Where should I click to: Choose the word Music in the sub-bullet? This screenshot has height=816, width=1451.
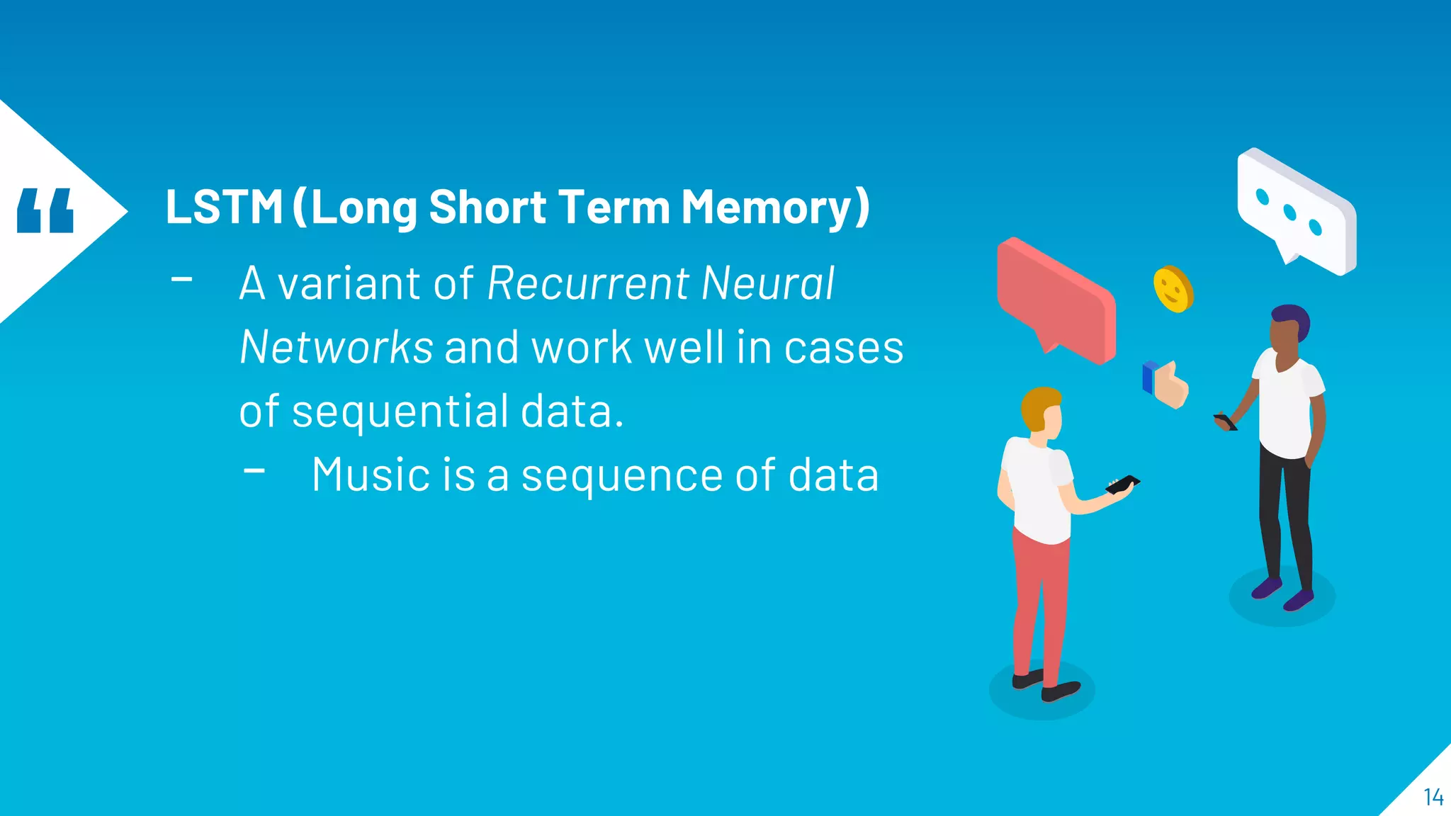tap(371, 475)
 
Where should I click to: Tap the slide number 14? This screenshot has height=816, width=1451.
tap(1433, 798)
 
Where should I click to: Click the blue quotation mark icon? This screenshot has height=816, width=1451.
tap(45, 210)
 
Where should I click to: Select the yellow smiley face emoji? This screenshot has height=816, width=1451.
tap(1173, 289)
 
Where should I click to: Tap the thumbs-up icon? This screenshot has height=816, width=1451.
tap(1167, 385)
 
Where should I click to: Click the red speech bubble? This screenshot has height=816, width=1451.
tap(1056, 297)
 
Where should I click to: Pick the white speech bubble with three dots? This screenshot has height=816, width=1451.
tap(1297, 211)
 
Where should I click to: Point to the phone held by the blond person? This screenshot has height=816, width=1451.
tap(1122, 484)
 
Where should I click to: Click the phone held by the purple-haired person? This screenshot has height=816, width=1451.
tap(1225, 421)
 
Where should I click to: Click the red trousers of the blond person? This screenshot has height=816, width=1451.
tap(1039, 602)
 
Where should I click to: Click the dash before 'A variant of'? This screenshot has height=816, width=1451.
tap(182, 280)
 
